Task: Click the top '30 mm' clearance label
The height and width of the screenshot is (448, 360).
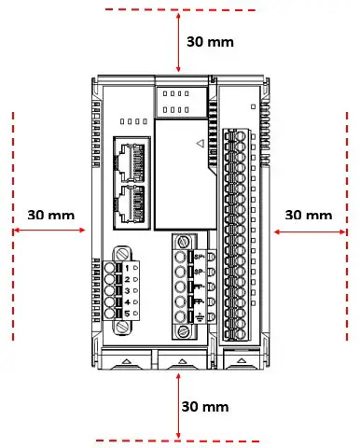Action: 210,42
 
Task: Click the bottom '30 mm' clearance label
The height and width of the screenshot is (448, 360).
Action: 204,407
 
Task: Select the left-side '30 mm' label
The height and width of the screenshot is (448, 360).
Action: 50,215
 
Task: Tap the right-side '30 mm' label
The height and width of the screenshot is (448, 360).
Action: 308,215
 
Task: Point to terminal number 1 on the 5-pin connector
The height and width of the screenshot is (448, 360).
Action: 128,268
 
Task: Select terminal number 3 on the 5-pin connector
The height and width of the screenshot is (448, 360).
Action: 128,290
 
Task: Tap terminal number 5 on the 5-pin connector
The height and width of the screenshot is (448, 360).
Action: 128,313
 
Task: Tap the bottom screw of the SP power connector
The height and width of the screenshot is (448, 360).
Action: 183,329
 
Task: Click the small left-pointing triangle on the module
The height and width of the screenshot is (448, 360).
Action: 199,144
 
